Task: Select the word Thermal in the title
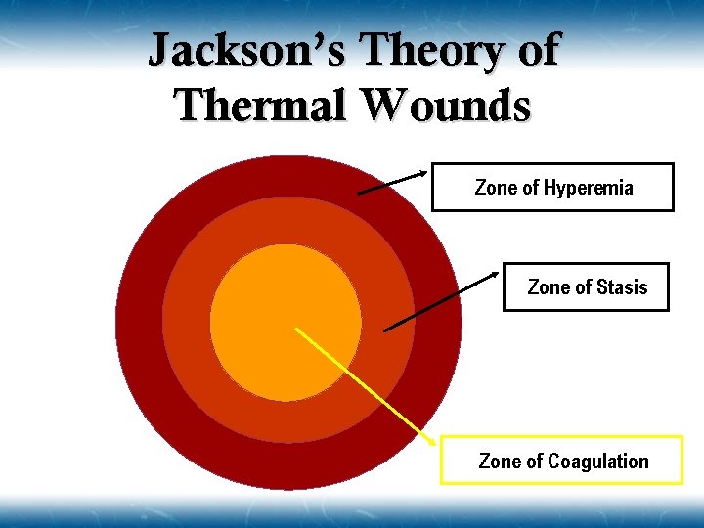[260, 105]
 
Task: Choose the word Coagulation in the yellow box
[598, 462]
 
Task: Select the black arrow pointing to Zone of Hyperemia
[392, 183]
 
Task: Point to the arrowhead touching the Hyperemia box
[423, 174]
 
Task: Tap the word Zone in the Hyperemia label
[496, 188]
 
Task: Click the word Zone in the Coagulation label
[500, 462]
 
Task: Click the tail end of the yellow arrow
[297, 329]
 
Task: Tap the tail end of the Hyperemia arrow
[359, 194]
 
